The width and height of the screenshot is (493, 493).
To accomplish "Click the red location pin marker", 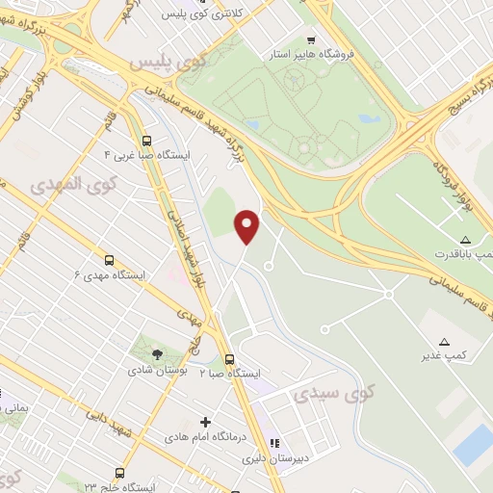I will (x=247, y=226).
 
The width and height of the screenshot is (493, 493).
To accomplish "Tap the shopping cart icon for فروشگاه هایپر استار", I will (x=310, y=40).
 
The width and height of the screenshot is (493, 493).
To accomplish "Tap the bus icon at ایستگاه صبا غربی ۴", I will (x=146, y=139).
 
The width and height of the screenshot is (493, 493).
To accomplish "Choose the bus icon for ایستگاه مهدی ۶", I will (x=109, y=260).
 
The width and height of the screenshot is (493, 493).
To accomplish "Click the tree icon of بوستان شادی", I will (x=157, y=354).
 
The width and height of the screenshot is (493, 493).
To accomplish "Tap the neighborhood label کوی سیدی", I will (x=321, y=394).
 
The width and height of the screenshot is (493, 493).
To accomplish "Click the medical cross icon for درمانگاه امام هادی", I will (x=204, y=422).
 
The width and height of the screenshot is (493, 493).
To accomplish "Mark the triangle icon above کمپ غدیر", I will (x=444, y=341).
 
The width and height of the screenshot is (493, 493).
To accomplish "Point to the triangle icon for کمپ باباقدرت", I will (x=466, y=239).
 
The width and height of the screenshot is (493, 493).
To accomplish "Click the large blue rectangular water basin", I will (x=474, y=444).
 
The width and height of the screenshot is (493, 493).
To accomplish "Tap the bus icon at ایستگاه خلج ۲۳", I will (x=119, y=473).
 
